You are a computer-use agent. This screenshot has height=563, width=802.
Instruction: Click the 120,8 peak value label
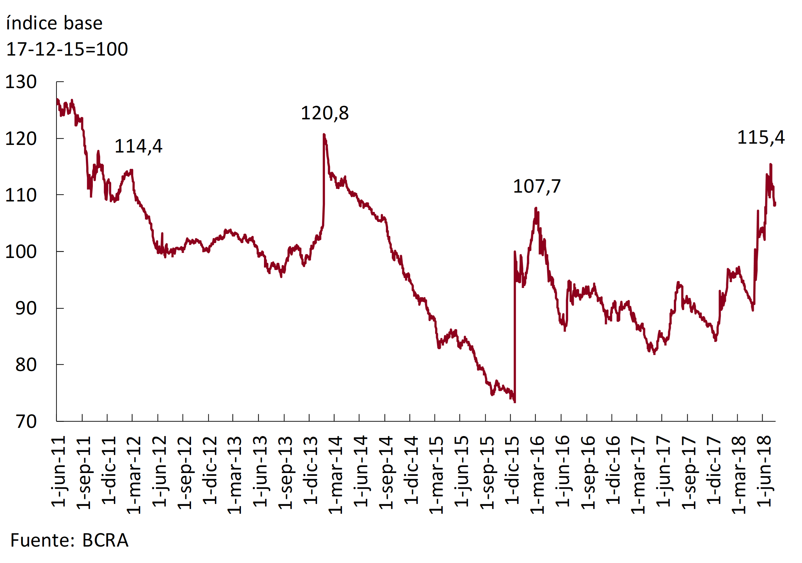coord(325,113)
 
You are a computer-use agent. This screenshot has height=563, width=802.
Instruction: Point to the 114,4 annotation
coord(138,146)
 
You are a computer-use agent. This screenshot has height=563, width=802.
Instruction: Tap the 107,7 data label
coord(536,186)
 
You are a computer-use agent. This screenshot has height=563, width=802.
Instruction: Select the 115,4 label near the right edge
coord(761,137)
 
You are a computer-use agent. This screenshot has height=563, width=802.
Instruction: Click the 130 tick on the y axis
coord(21,82)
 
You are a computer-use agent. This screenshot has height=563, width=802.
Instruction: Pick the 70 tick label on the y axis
coord(26,422)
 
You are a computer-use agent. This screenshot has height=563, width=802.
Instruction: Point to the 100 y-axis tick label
coord(21,252)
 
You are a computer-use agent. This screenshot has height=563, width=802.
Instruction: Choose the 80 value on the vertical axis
coord(26,365)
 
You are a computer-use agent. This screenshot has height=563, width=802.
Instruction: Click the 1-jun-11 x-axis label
coord(59,471)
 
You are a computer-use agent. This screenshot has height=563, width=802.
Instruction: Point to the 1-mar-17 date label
coord(638,475)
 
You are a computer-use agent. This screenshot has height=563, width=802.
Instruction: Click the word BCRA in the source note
coord(105,540)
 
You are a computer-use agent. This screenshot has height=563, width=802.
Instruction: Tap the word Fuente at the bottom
coord(42,540)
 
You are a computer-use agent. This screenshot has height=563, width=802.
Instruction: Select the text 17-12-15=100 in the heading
coord(67,49)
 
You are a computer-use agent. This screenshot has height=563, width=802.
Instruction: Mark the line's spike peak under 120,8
coord(324,135)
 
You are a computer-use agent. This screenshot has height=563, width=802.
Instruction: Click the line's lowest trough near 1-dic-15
coord(515,402)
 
